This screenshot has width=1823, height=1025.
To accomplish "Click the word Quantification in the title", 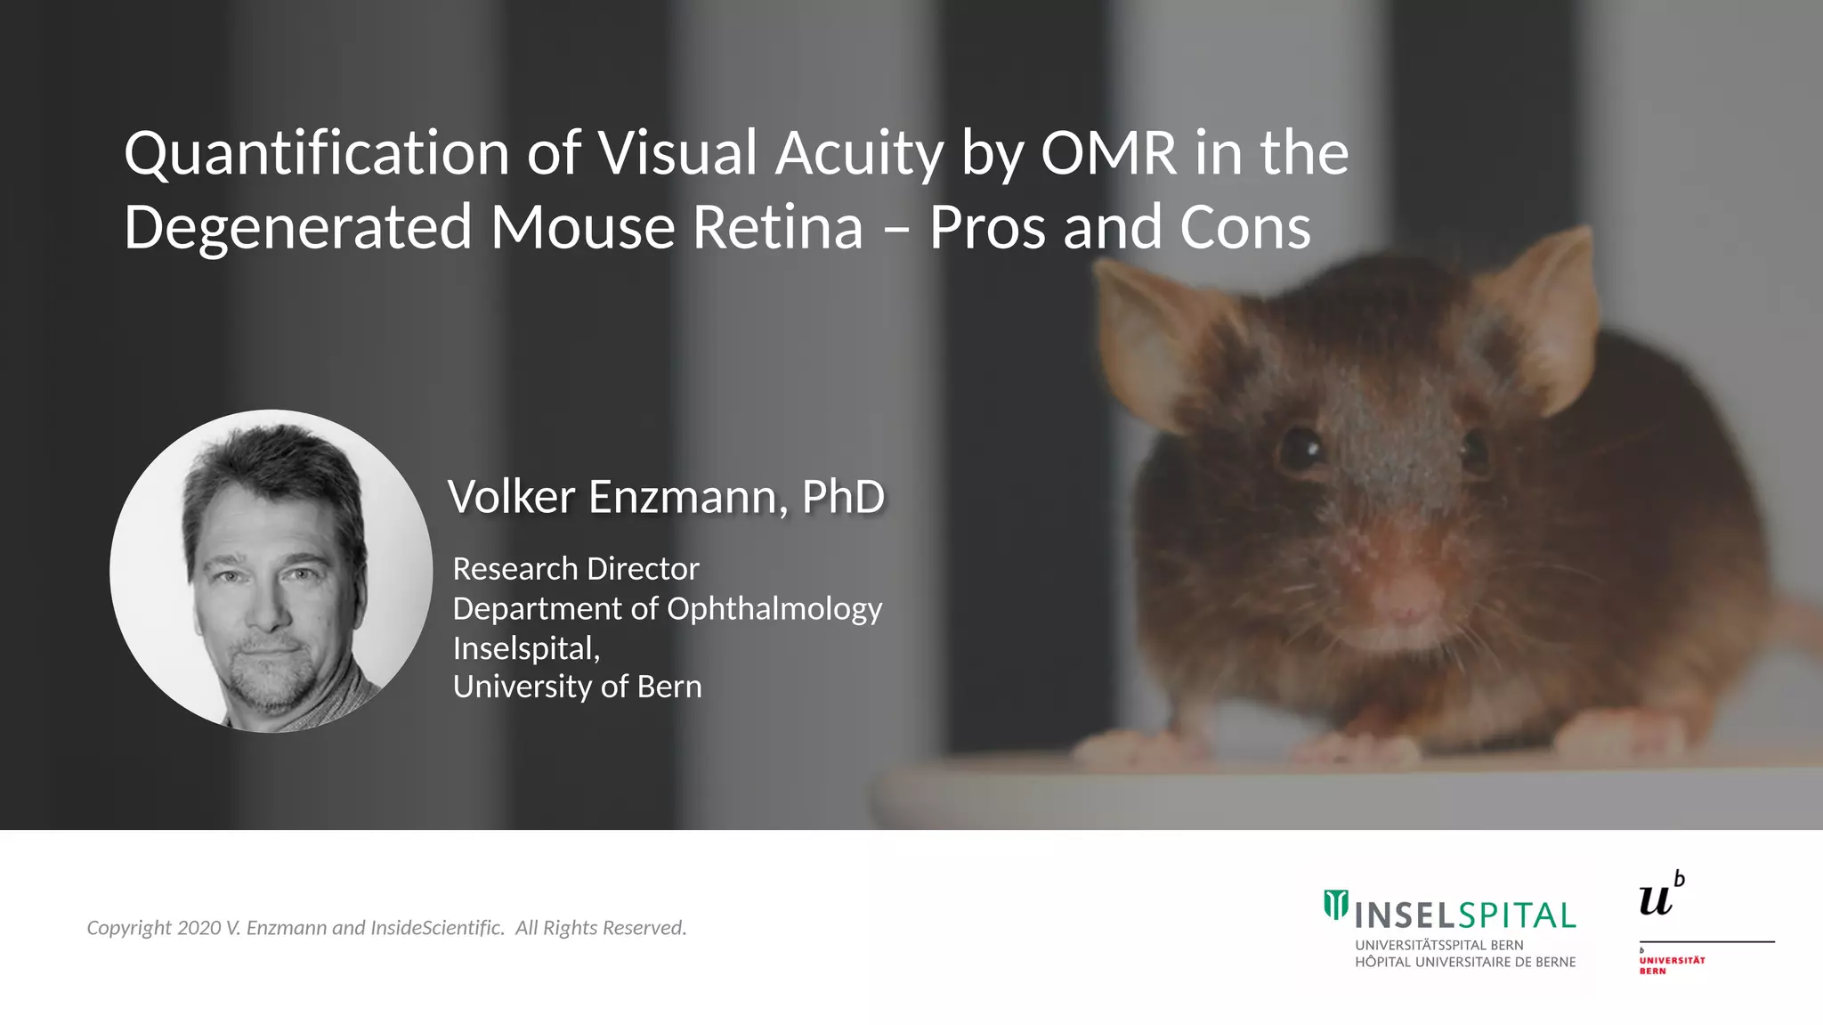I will click(316, 153).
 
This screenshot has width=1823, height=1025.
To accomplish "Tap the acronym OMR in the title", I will click(1108, 153).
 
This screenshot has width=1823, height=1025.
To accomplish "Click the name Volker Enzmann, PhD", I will click(666, 496).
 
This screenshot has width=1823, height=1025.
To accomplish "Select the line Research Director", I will click(575, 568).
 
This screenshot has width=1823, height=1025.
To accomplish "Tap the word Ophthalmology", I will click(774, 609).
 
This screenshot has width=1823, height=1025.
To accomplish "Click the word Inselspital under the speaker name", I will click(525, 647).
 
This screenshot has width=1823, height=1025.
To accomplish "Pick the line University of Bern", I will click(577, 687).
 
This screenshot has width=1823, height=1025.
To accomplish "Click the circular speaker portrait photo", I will click(271, 571).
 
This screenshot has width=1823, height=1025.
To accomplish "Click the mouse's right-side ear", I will click(1549, 312).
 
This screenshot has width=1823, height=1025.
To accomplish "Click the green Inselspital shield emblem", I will click(1335, 904).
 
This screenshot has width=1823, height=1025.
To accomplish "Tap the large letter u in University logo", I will click(1656, 899).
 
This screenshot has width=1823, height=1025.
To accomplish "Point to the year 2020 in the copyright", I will click(199, 928).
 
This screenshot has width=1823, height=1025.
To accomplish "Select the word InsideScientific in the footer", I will click(436, 928).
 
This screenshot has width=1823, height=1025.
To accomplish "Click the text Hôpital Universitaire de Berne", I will click(1465, 962).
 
